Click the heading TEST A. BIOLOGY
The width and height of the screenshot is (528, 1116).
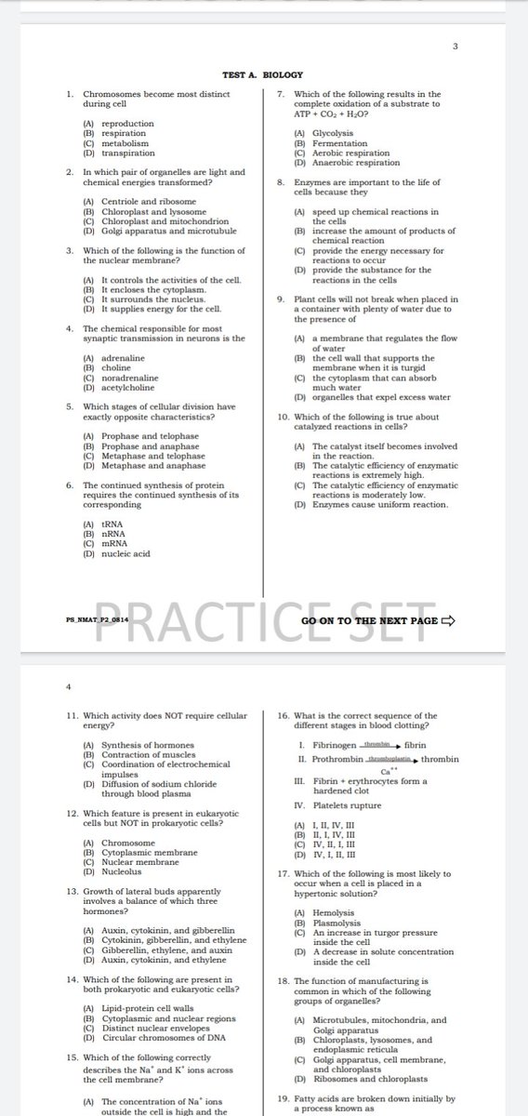click(x=262, y=73)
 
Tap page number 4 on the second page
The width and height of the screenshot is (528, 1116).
click(x=68, y=687)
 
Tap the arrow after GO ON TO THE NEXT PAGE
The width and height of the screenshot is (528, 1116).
click(x=447, y=620)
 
